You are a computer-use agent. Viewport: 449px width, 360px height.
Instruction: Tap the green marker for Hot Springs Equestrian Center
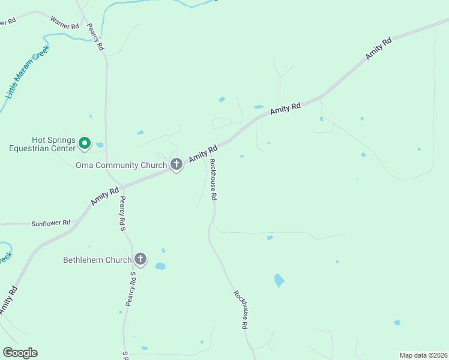[85, 143]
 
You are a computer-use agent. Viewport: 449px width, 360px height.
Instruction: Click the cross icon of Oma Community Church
[176, 164]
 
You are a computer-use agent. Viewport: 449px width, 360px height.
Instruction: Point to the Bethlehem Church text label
[97, 260]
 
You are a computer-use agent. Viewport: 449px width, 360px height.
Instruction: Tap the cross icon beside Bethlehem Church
[140, 259]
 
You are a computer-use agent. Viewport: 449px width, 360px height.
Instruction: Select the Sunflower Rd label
[51, 223]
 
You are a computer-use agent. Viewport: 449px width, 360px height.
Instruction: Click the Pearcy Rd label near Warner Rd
[96, 35]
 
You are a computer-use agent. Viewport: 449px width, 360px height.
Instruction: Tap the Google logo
[20, 353]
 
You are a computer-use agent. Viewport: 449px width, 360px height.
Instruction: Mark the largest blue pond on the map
[279, 280]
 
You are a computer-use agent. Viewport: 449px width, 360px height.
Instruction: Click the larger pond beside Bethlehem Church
[160, 266]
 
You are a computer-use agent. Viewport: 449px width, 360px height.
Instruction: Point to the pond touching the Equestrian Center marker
[99, 145]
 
